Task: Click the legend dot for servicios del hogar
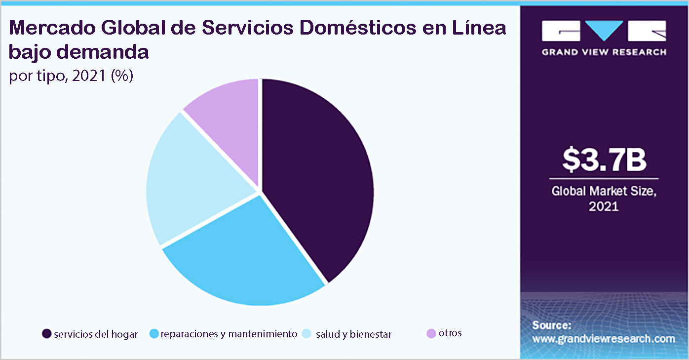click(x=47, y=334)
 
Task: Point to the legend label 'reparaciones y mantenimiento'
click(x=229, y=334)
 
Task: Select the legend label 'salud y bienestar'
click(x=353, y=334)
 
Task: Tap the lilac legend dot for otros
click(x=431, y=334)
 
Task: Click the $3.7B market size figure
click(x=604, y=160)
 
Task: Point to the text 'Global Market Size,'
click(x=604, y=191)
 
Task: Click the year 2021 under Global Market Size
click(x=604, y=206)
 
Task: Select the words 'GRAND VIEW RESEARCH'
click(x=604, y=52)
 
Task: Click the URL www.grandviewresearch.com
click(x=603, y=339)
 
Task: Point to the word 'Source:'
click(x=551, y=325)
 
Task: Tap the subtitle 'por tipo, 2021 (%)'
click(x=71, y=77)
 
